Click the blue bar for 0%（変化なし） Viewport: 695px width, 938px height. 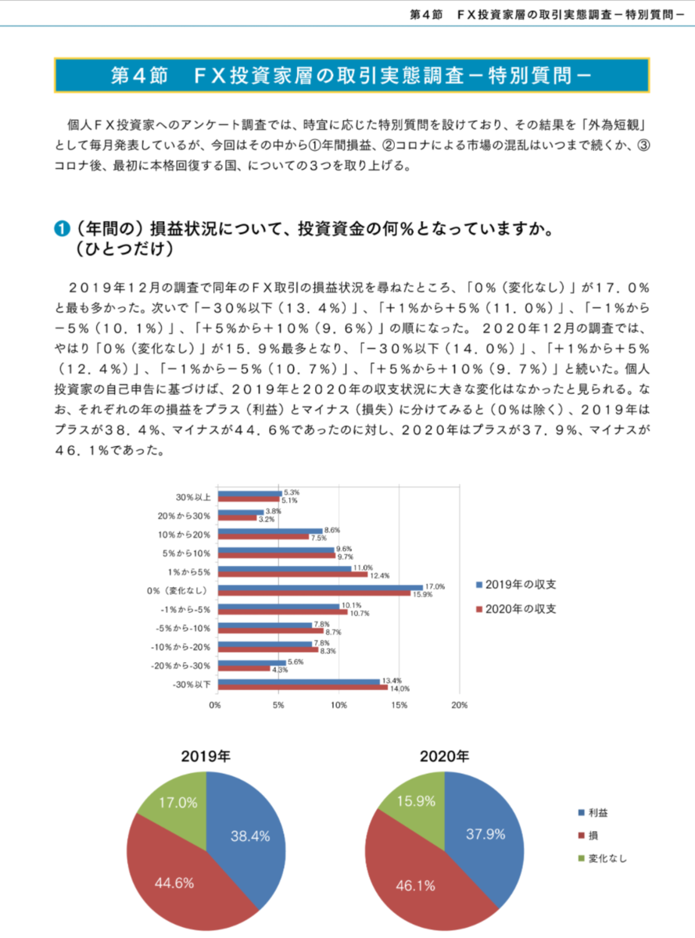320,587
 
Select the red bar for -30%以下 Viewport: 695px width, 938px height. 303,688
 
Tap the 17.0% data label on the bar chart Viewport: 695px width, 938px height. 435,586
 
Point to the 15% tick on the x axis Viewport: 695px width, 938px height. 399,705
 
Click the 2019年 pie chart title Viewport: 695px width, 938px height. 206,756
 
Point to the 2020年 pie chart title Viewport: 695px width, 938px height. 444,756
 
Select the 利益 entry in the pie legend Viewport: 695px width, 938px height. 598,813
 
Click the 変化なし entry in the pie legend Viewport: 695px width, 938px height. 607,858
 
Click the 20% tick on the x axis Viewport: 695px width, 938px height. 460,705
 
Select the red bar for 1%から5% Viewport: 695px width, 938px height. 292,575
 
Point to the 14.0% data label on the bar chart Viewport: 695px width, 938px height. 399,689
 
